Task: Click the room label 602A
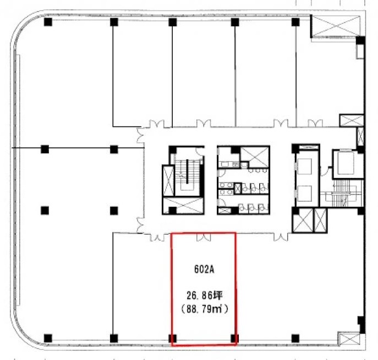[204, 269]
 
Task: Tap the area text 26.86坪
[205, 296]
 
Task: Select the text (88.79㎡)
[205, 309]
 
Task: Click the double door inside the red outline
[204, 237]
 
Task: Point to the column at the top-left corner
[48, 22]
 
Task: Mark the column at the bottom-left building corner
[48, 339]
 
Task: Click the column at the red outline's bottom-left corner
[172, 339]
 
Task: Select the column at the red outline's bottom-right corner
[234, 339]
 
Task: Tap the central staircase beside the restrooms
[187, 175]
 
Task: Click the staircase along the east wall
[342, 193]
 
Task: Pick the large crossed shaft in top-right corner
[336, 26]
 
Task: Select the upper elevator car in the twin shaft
[305, 167]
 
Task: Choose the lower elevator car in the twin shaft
[305, 193]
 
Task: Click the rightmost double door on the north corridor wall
[315, 123]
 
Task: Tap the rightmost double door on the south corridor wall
[281, 237]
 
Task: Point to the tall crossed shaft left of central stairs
[168, 181]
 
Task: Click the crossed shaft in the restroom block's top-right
[255, 157]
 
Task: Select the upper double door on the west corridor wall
[140, 135]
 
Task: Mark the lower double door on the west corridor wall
[140, 225]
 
